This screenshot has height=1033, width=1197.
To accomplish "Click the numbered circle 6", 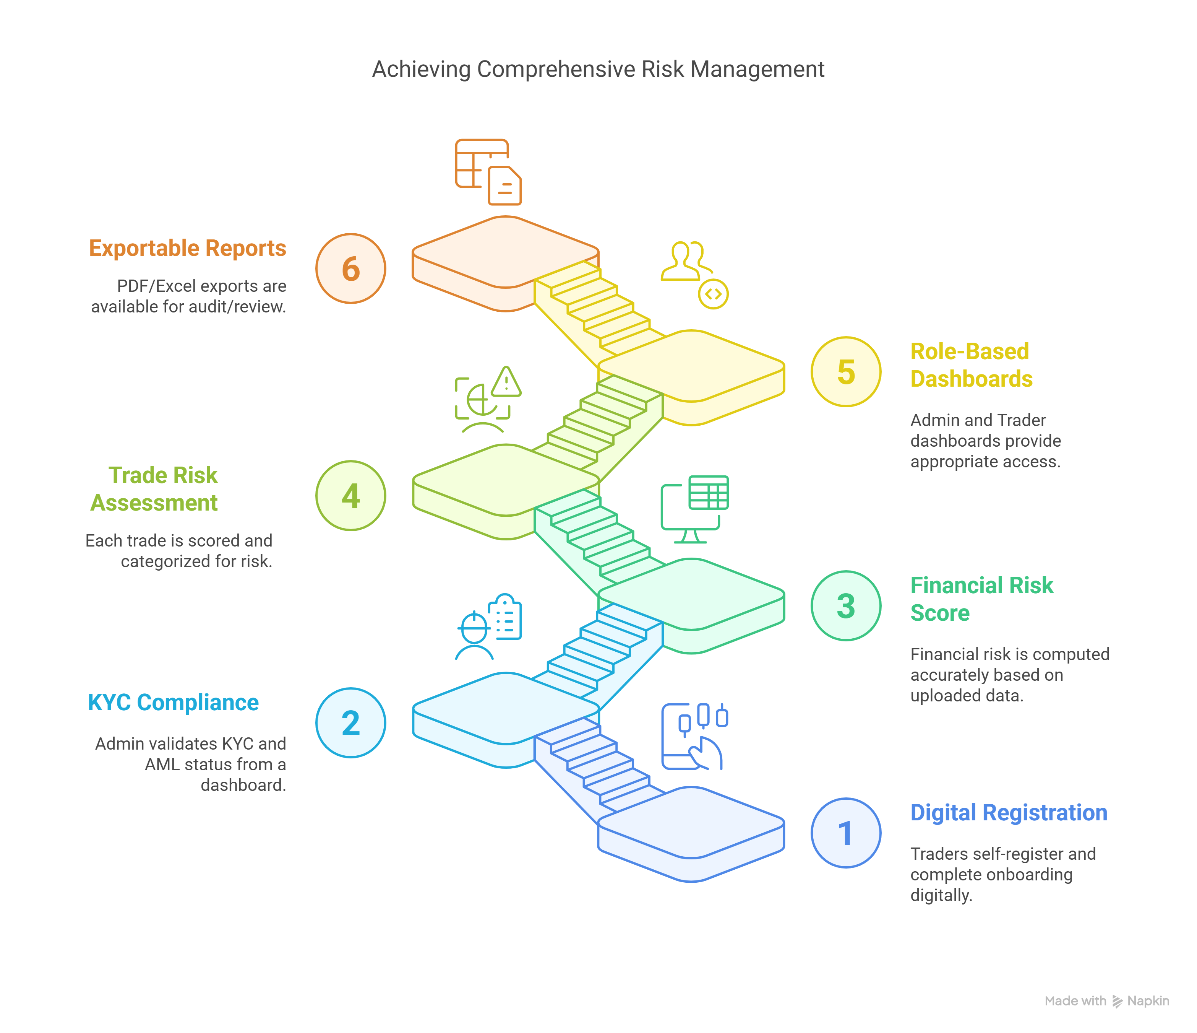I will [351, 269].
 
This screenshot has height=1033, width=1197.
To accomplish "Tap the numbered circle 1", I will [846, 833].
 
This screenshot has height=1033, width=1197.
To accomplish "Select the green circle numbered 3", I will [846, 606].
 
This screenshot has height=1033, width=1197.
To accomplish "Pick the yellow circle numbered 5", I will [846, 372].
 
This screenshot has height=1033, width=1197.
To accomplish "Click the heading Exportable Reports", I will [187, 248].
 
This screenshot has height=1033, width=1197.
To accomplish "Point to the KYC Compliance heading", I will [173, 702].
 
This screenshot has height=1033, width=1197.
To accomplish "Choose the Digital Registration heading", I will [1009, 813].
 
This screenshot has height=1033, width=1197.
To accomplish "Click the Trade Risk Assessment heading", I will [155, 489].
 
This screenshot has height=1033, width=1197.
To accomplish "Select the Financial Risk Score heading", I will [981, 599].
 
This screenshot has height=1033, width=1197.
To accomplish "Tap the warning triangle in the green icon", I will [507, 382].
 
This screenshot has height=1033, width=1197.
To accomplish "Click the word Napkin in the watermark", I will [1148, 1000].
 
